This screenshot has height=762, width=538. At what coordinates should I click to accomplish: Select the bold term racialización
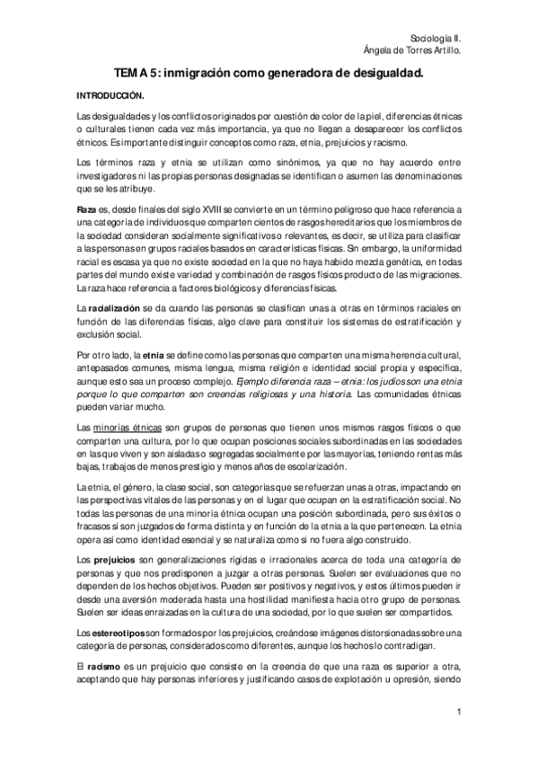[x=114, y=309]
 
